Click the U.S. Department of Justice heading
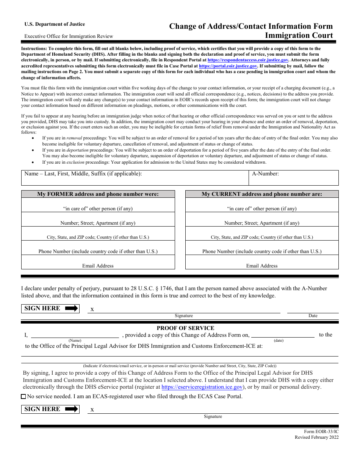click(x=55, y=24)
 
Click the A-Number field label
click(x=265, y=174)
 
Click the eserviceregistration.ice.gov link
click(x=202, y=387)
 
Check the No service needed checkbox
click(x=23, y=397)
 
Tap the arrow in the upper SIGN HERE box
click(x=72, y=308)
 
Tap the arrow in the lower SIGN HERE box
click(x=72, y=409)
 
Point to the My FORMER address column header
click(x=98, y=194)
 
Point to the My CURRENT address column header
click(x=262, y=194)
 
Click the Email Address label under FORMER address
click(x=98, y=266)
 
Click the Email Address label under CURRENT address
click(x=262, y=266)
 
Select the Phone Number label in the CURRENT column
click(x=262, y=252)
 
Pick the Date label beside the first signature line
click(x=313, y=316)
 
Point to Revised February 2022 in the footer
click(x=317, y=438)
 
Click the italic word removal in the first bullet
click(x=74, y=138)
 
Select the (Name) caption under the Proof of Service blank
click(x=75, y=341)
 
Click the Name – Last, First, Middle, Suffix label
click(x=83, y=174)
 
